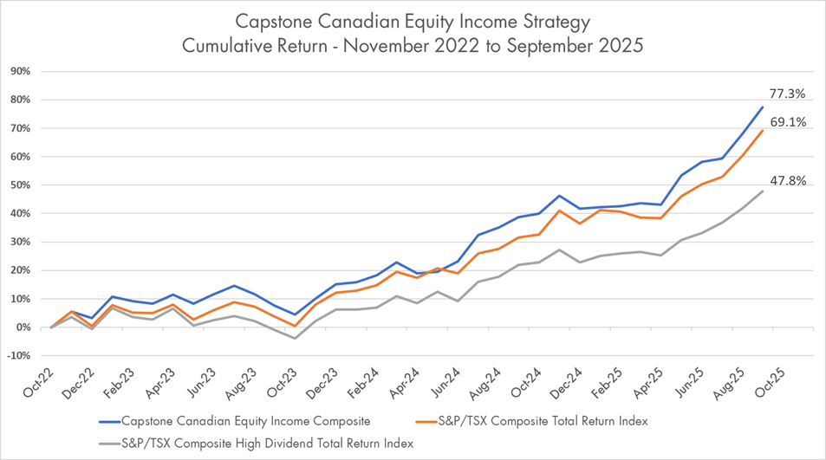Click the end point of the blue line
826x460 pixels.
[x=762, y=107]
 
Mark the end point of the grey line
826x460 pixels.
[x=762, y=191]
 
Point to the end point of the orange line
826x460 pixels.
[x=762, y=130]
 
